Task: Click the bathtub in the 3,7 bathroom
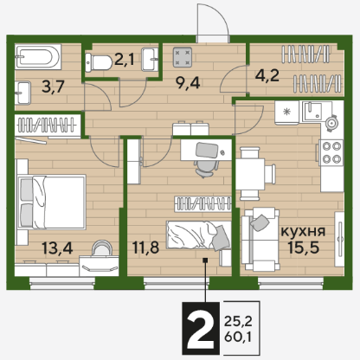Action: pos(38,56)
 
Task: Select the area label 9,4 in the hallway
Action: pos(188,83)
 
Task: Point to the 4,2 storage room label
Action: pos(267,76)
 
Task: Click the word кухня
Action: pos(303,231)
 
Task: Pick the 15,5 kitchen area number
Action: pos(304,247)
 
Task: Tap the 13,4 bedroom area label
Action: pos(57,247)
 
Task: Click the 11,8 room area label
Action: pos(145,247)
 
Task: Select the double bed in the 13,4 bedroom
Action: pos(52,202)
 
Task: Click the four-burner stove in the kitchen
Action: pos(331,152)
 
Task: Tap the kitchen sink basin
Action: pos(312,112)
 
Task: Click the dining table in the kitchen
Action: pos(250,174)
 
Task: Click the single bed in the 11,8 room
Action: pos(199,235)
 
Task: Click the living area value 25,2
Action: pos(238,321)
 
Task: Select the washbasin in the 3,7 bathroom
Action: pos(22,93)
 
